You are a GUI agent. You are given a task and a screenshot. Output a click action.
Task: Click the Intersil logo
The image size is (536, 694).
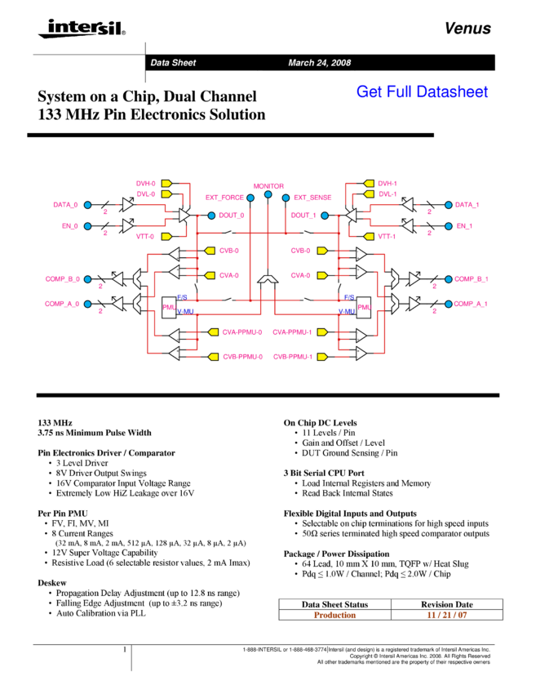pyautogui.click(x=79, y=29)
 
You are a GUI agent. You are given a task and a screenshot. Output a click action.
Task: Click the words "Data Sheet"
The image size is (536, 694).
pyautogui.click(x=173, y=63)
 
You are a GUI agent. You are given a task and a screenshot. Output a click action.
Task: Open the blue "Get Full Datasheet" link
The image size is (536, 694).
pyautogui.click(x=422, y=91)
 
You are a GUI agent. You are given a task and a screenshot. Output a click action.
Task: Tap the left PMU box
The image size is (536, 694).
pyautogui.click(x=169, y=307)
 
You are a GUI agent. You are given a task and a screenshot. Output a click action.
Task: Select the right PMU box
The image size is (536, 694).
pyautogui.click(x=364, y=307)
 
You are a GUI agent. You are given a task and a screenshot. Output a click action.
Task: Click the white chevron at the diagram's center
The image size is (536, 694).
pyautogui.click(x=268, y=279)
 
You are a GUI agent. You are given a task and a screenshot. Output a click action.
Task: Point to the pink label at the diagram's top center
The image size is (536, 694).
pyautogui.click(x=268, y=186)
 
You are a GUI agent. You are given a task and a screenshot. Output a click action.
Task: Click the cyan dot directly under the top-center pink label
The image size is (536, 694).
pyautogui.click(x=268, y=194)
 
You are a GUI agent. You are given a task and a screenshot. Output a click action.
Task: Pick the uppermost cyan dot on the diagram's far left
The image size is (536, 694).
pyautogui.click(x=87, y=205)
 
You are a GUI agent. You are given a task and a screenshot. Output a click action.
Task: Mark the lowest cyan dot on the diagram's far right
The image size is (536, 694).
pyautogui.click(x=448, y=304)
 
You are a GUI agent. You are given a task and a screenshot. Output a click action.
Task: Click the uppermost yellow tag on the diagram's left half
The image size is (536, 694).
pyautogui.click(x=166, y=184)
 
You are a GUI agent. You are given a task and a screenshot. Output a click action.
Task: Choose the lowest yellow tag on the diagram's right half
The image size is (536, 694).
pyautogui.click(x=322, y=357)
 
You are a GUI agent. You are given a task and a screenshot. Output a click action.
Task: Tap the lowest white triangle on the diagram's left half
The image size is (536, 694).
pyautogui.click(x=174, y=354)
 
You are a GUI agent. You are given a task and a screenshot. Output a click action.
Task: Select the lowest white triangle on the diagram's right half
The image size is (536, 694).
pyautogui.click(x=361, y=354)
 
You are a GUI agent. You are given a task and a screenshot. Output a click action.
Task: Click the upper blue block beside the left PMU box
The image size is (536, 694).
pyautogui.click(x=183, y=297)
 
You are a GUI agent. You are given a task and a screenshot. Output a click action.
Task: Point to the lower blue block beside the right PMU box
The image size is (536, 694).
pyautogui.click(x=347, y=311)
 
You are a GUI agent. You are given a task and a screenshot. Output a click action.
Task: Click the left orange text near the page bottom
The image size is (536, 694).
pyautogui.click(x=334, y=615)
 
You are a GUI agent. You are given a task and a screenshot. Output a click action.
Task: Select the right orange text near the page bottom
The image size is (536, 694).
pyautogui.click(x=446, y=615)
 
